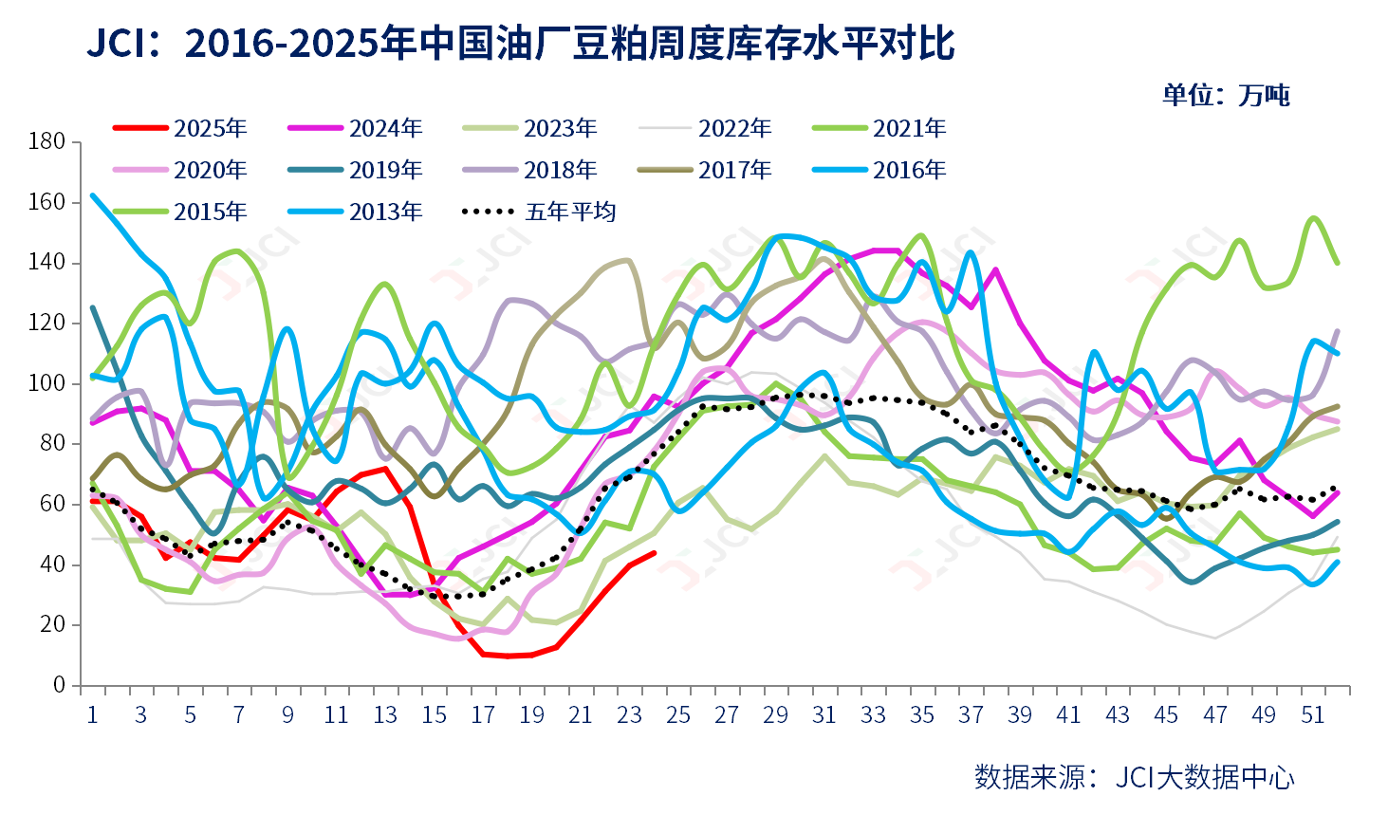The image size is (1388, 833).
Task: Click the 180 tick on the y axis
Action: [46, 141]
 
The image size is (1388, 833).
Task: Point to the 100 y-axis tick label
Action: [46, 383]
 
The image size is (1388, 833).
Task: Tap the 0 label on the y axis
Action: [59, 685]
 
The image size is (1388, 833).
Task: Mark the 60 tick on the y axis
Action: [52, 504]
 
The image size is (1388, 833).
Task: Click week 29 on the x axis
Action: [775, 715]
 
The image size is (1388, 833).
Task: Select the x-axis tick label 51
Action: [1312, 715]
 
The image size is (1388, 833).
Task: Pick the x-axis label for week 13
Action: [385, 715]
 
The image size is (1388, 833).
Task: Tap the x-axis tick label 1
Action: [92, 715]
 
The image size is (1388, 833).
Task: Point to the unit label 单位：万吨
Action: [1226, 95]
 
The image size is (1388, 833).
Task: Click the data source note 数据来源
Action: [1134, 777]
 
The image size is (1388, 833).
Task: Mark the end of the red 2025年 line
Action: [654, 552]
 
